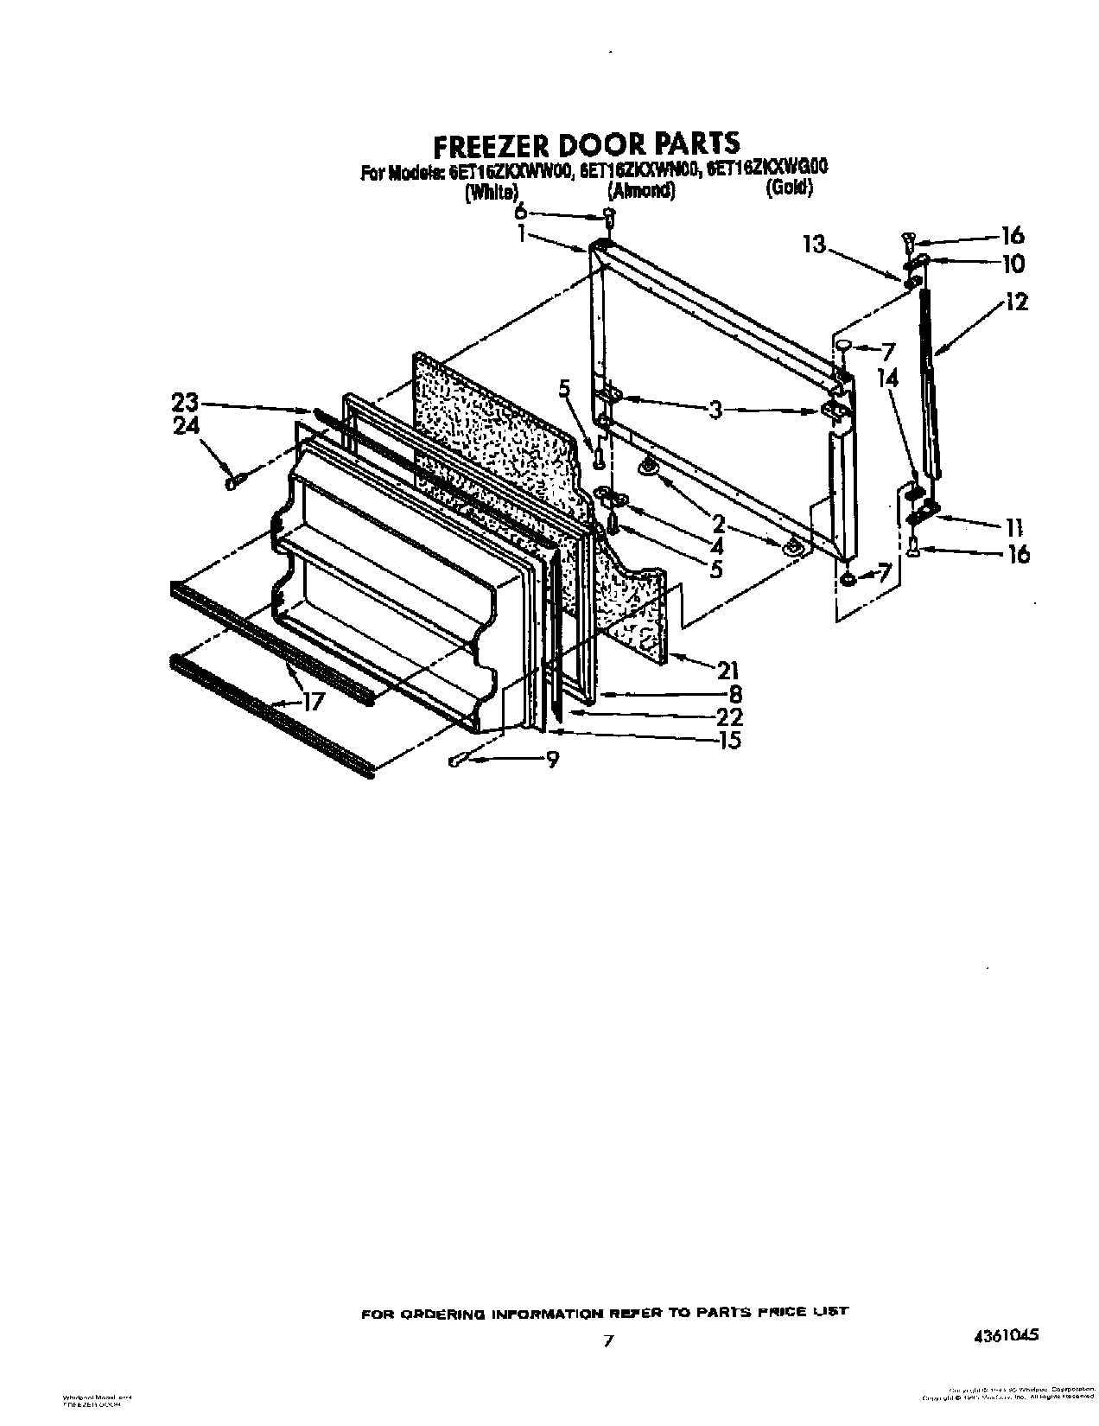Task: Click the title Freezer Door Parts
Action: (x=586, y=142)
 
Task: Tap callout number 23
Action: (x=185, y=403)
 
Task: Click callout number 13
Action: (x=814, y=245)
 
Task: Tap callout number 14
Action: (x=887, y=378)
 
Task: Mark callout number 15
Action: (x=730, y=740)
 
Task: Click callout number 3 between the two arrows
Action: (x=715, y=411)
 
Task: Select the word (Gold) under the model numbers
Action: (x=789, y=188)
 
